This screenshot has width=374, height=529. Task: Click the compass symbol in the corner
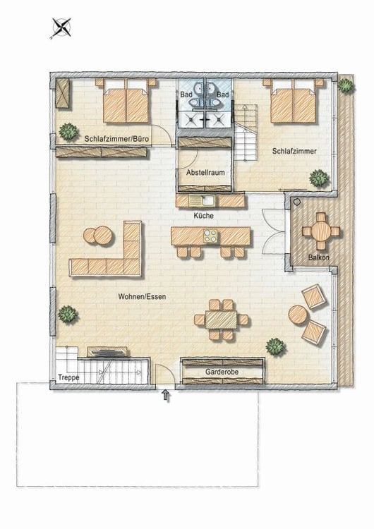pos(62,28)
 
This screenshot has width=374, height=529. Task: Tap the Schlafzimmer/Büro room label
pos(116,139)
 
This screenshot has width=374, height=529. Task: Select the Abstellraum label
pos(204,172)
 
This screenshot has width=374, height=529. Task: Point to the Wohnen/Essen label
pos(143,297)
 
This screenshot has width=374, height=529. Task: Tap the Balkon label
pos(319,258)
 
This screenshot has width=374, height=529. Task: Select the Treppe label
pos(68,377)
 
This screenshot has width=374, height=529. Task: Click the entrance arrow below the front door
pos(167,396)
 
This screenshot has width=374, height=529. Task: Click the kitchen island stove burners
pos(211,236)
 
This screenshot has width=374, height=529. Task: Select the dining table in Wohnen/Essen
pos(221,320)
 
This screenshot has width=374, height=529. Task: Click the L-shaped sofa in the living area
pos(113,254)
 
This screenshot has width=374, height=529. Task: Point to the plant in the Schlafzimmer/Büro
pos(68,130)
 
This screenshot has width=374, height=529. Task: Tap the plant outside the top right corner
pos(345,85)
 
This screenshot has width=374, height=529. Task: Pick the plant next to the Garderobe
pos(275,346)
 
